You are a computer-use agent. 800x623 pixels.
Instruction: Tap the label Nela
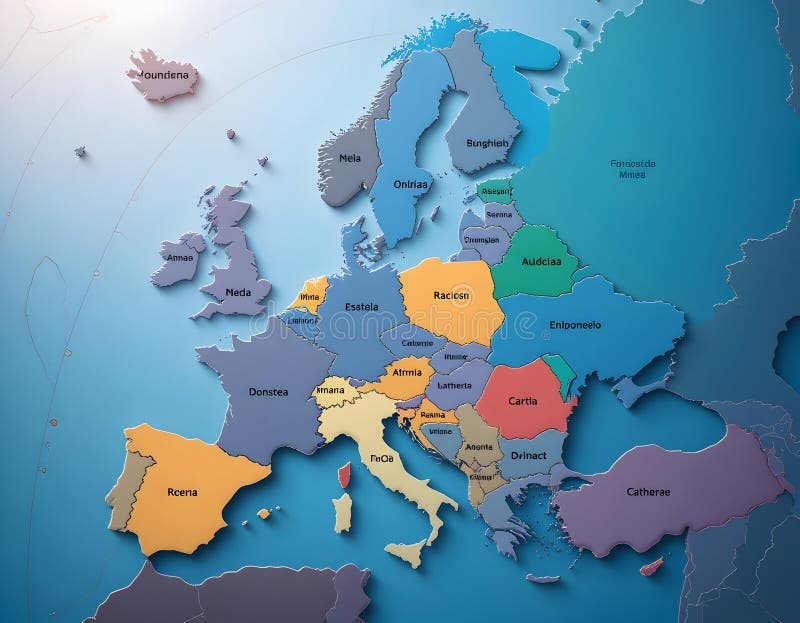350,157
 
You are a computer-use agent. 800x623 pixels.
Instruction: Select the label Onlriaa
410,184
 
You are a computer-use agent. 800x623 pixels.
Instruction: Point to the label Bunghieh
488,143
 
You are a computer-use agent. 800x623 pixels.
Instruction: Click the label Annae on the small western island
180,257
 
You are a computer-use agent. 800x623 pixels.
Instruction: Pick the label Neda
239,292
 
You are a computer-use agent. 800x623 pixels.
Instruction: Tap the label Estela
361,307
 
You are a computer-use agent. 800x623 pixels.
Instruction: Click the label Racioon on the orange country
452,295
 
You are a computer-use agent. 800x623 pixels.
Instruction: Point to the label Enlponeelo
576,324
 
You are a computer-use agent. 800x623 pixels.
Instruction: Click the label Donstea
268,392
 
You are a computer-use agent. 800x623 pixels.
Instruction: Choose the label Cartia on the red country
523,401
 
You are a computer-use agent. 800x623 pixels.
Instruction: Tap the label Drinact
529,455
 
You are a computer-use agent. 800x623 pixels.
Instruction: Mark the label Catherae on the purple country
648,491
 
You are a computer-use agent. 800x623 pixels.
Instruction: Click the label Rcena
182,491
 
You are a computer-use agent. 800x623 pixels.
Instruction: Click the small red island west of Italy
344,475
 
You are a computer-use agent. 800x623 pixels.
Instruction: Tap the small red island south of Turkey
651,567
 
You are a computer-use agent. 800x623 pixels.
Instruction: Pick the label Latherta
454,385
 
